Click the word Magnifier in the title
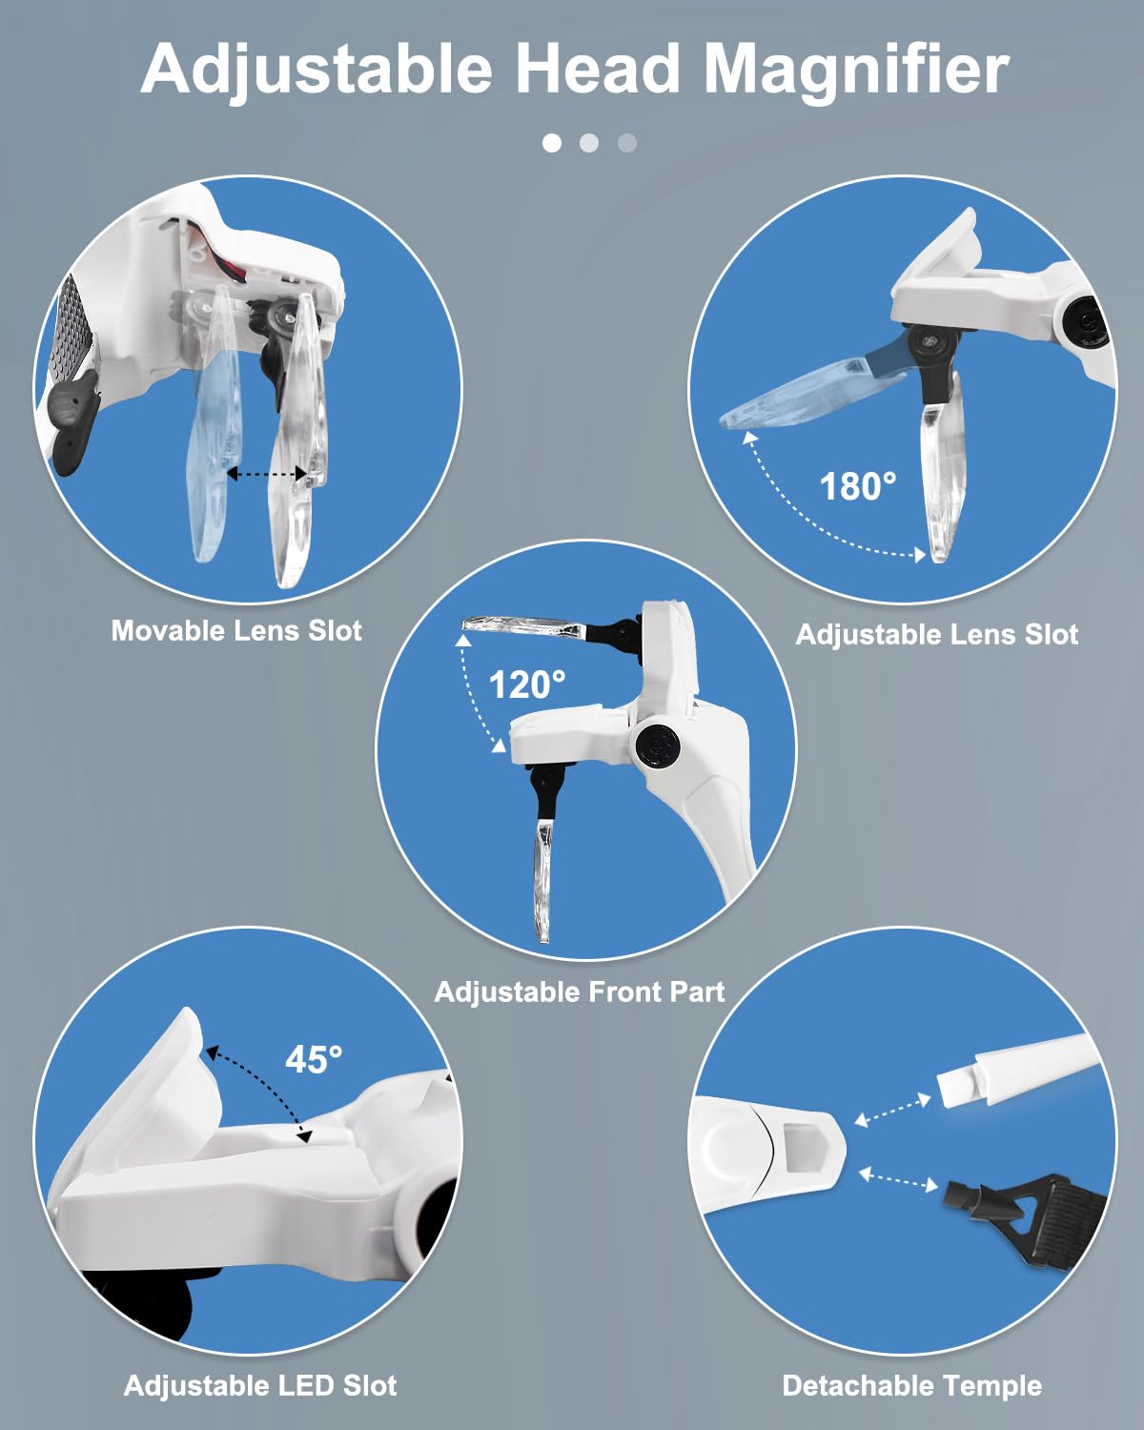[856, 69]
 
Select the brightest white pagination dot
[552, 143]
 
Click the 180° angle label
[857, 486]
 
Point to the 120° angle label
[527, 684]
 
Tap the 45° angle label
[314, 1058]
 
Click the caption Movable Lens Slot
[236, 630]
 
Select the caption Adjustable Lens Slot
[936, 635]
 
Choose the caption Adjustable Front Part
[579, 992]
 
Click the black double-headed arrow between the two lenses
[267, 474]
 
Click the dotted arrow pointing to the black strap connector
[898, 1180]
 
